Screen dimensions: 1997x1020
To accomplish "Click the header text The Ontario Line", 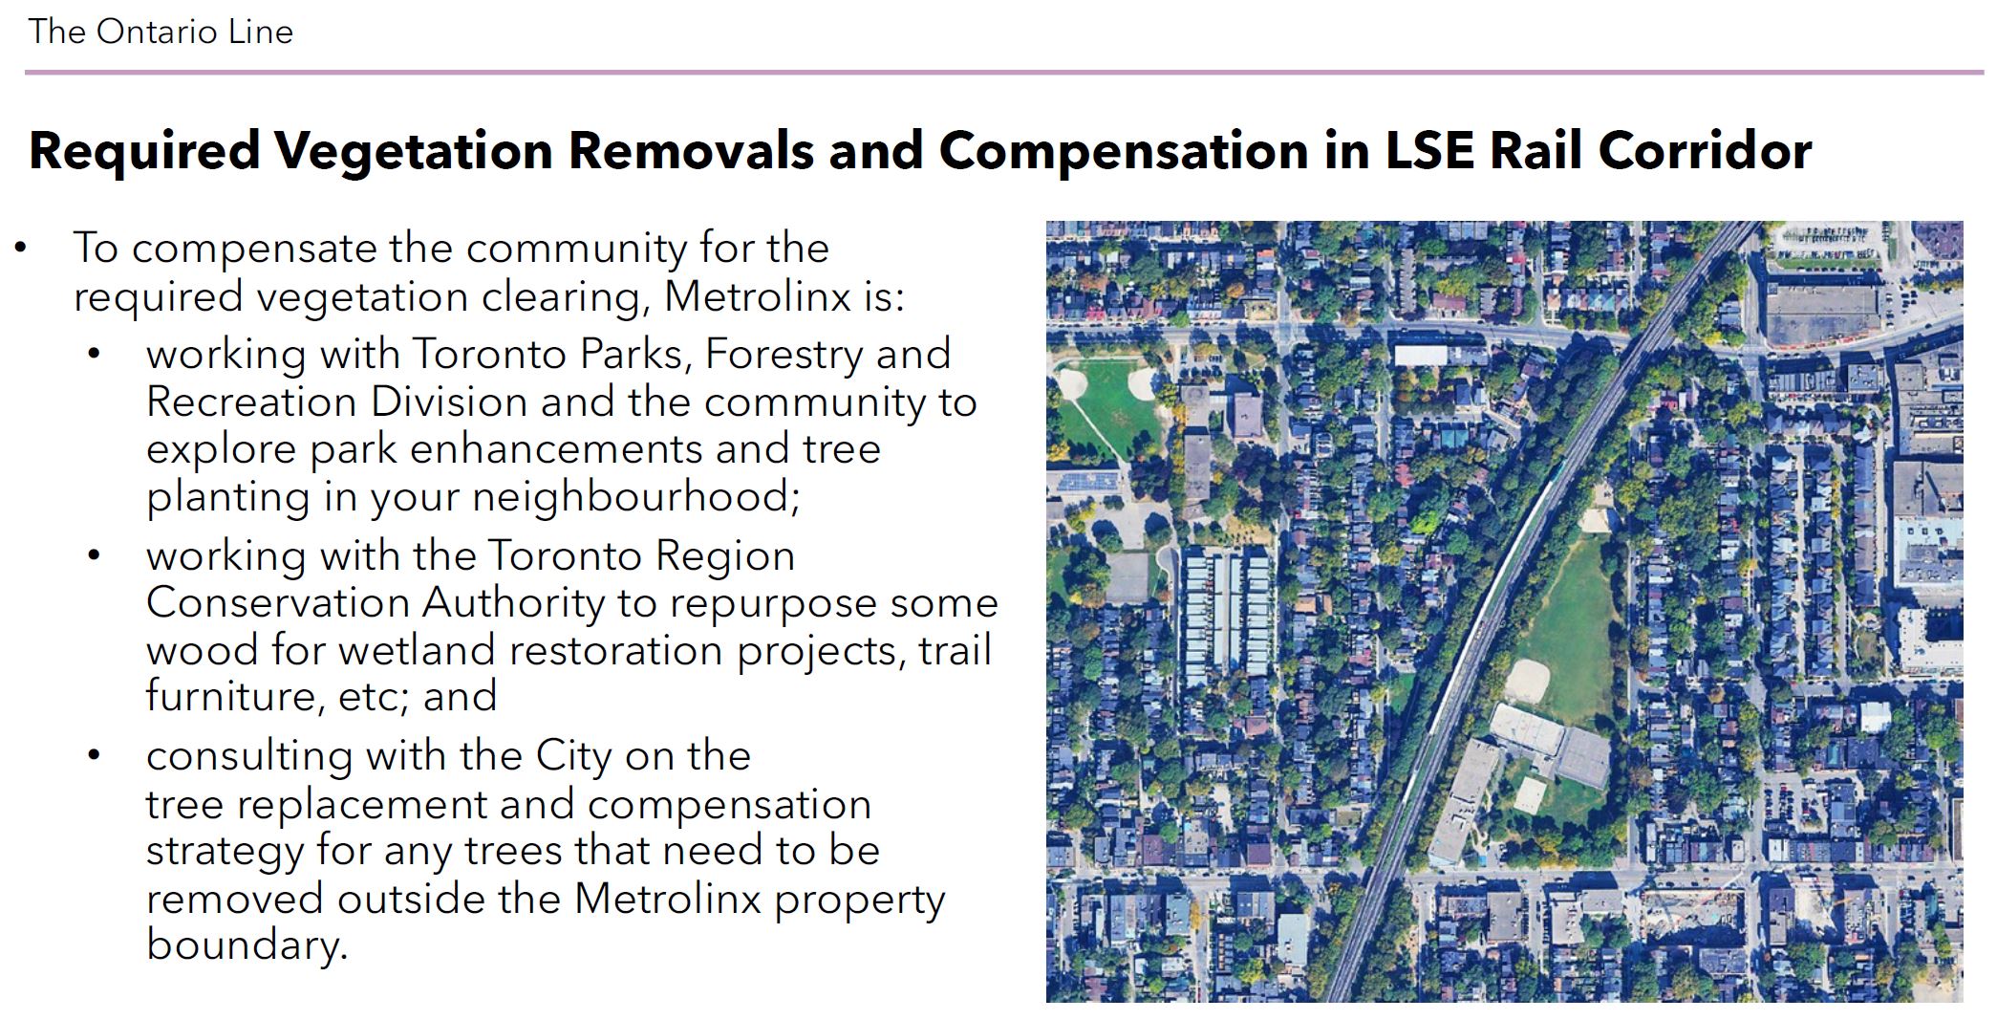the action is click(x=161, y=32).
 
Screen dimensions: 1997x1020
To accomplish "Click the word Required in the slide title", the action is click(x=144, y=152).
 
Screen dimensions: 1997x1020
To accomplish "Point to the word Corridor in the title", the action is click(x=1706, y=150).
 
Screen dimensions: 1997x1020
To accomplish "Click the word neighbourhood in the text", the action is click(x=635, y=497).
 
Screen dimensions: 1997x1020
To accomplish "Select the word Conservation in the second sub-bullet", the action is click(x=277, y=603).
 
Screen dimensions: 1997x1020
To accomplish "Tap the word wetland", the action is click(x=419, y=650).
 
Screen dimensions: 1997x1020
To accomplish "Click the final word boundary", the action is click(x=247, y=945).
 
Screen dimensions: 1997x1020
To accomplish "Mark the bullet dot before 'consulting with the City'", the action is click(x=94, y=755).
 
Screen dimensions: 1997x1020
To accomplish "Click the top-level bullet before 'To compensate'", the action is click(x=21, y=249).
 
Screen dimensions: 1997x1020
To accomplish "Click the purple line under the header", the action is click(x=1004, y=72).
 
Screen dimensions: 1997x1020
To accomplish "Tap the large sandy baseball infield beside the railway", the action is click(x=1527, y=680).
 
